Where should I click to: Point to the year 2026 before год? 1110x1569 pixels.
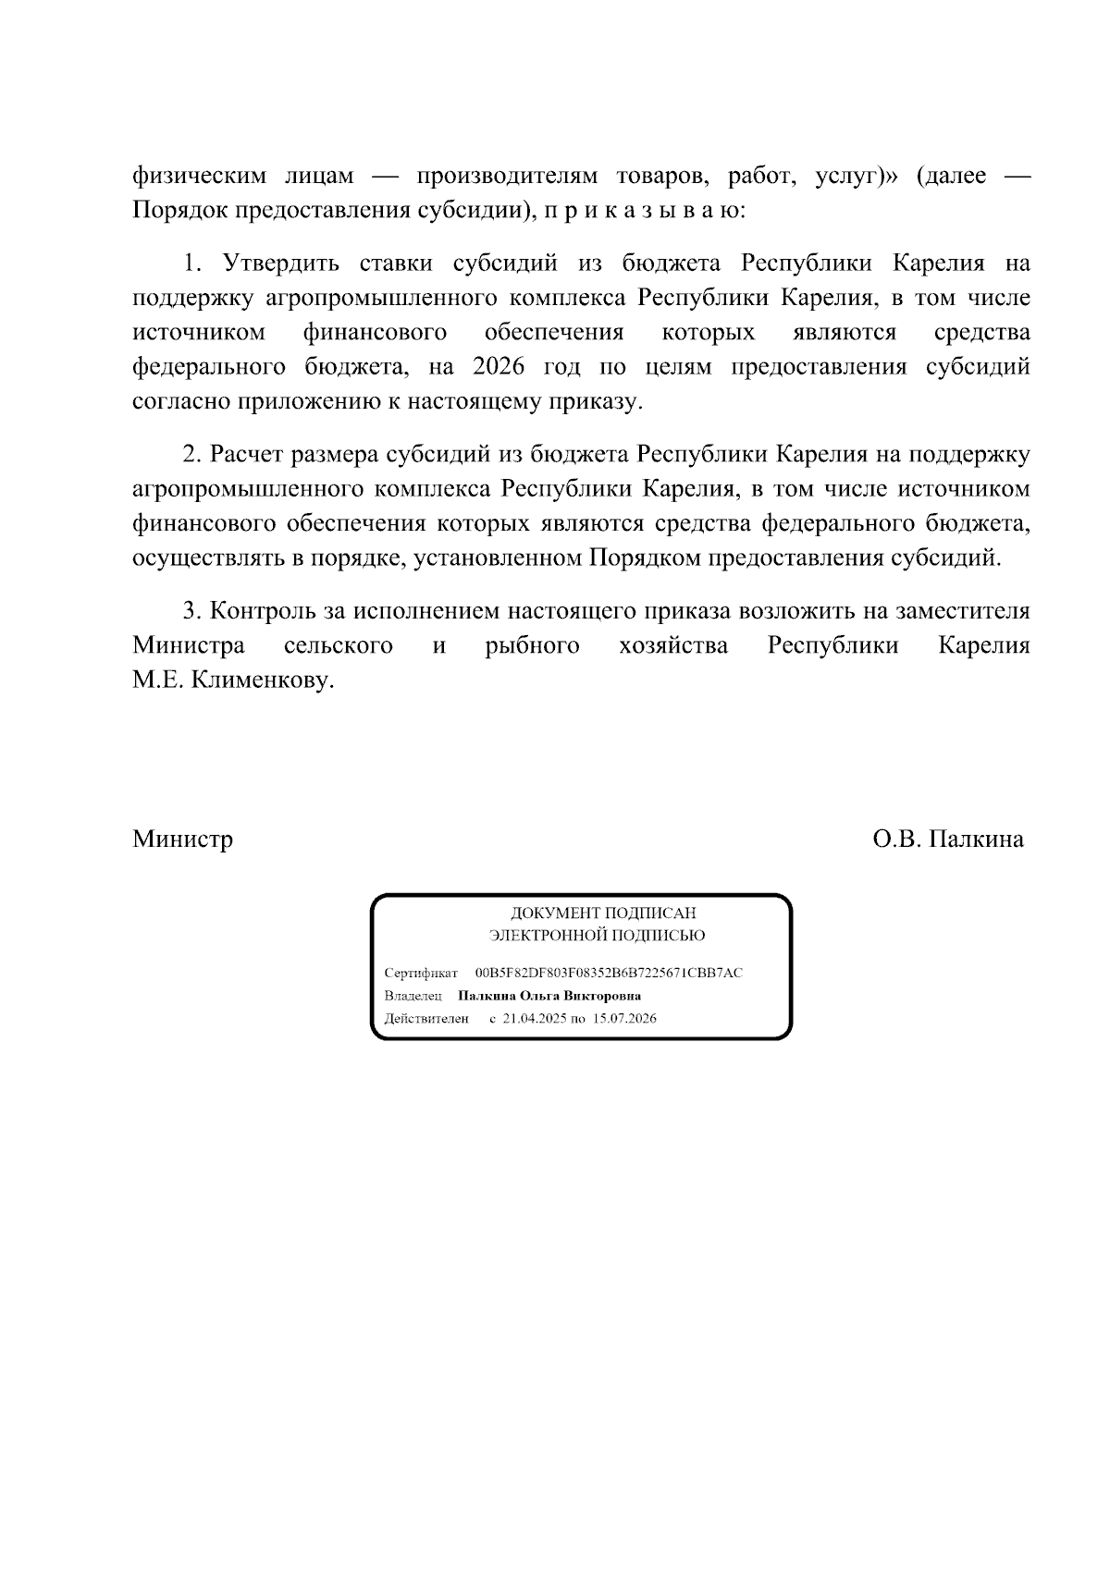499,367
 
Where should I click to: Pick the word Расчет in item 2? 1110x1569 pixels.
247,455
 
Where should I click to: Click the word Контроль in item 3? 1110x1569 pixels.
263,611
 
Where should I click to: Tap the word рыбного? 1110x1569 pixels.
532,645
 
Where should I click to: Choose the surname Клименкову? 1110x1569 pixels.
260,681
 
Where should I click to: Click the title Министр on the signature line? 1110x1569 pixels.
182,839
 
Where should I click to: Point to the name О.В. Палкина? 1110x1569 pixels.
947,839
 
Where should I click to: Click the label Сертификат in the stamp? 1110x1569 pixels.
421,974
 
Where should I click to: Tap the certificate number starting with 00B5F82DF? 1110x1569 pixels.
609,974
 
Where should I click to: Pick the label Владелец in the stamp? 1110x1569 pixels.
413,997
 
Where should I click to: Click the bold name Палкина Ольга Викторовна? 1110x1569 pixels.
549,997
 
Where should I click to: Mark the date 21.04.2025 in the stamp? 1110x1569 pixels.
534,1019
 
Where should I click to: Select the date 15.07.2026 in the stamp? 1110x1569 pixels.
625,1019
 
